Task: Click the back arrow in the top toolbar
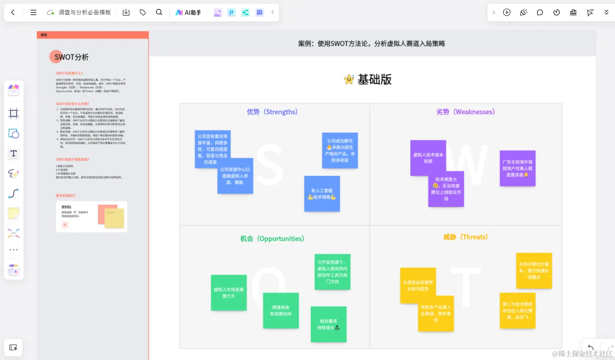[13, 12]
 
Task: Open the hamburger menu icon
[33, 12]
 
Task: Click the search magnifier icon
[159, 12]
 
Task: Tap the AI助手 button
[188, 12]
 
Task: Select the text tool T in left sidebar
[14, 154]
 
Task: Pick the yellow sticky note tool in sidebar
[14, 213]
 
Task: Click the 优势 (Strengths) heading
[272, 112]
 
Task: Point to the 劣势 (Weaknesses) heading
[465, 112]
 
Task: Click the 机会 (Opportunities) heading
[272, 239]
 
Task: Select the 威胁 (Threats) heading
[465, 237]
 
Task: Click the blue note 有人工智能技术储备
[322, 194]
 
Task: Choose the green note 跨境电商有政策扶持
[281, 311]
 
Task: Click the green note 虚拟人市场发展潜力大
[229, 293]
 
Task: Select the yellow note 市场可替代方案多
[534, 270]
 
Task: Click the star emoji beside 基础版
[349, 79]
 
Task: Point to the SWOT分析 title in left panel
[71, 57]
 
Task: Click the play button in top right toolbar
[507, 12]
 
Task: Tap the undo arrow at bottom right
[590, 348]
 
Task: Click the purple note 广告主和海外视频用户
[517, 168]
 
